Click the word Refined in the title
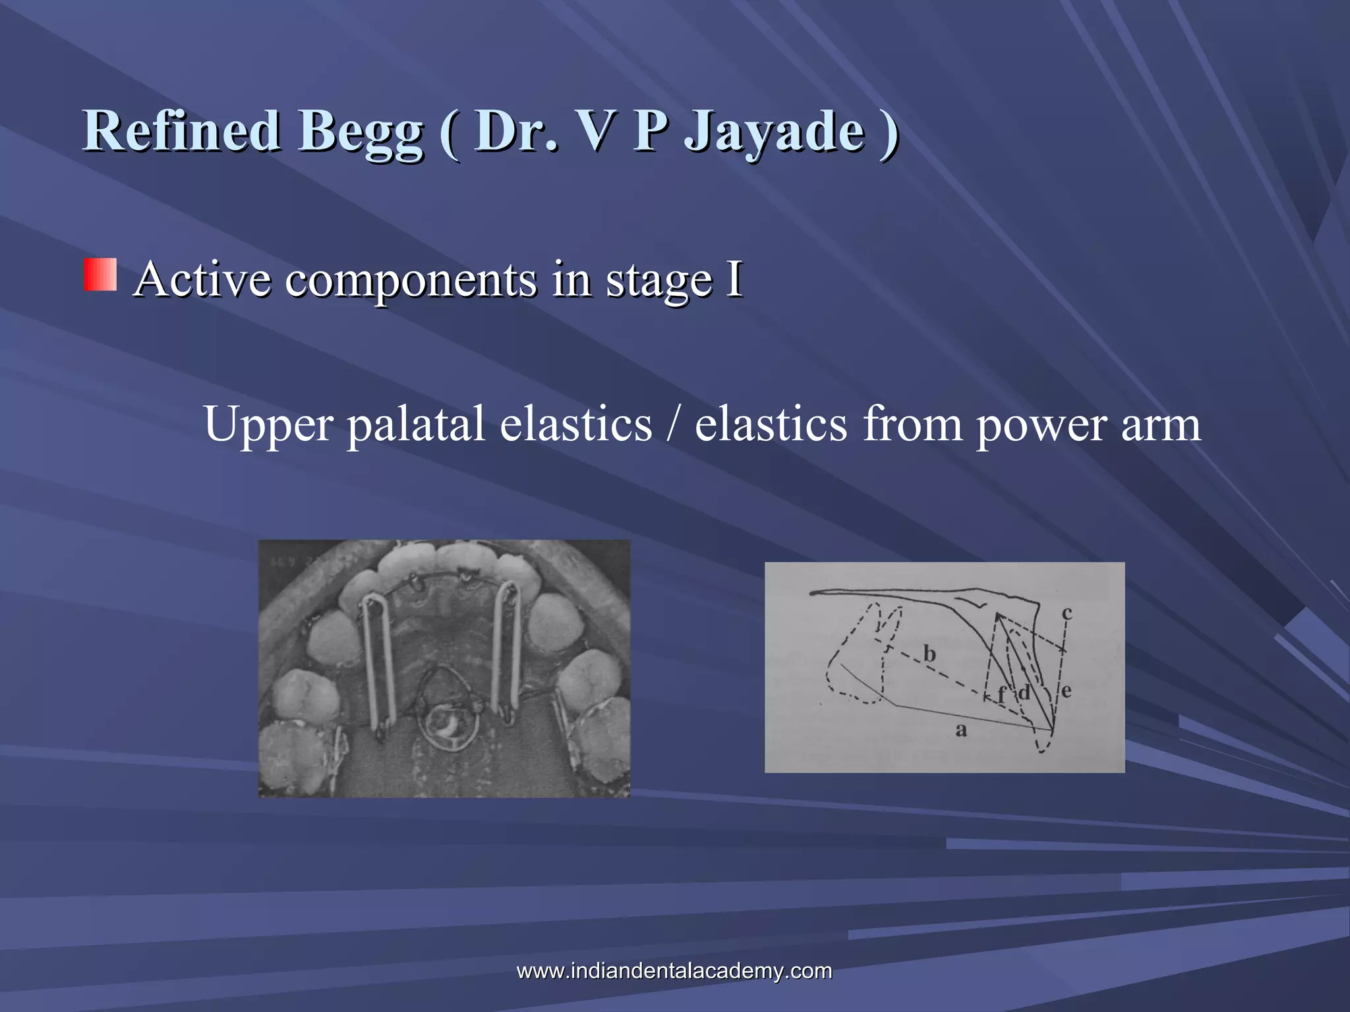click(182, 130)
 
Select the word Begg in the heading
click(360, 132)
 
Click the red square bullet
click(100, 275)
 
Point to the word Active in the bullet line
click(201, 279)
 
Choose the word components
click(411, 281)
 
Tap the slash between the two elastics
click(672, 424)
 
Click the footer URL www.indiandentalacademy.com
click(674, 970)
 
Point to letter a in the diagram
click(961, 729)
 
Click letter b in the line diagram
click(929, 654)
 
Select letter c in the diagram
click(1067, 613)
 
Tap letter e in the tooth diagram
click(1066, 690)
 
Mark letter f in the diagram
click(1001, 694)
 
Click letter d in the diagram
click(1024, 692)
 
